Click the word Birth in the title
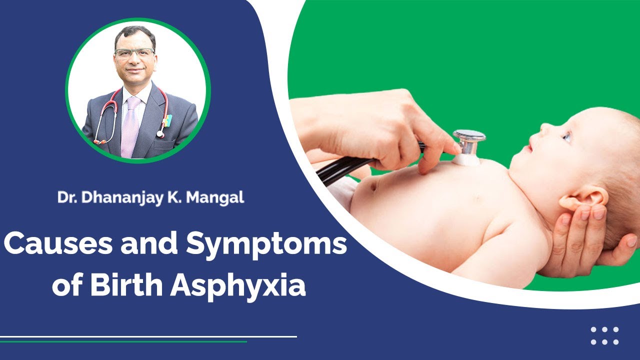127,285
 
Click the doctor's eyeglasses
134,52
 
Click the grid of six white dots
604,336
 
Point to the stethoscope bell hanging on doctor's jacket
161,134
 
